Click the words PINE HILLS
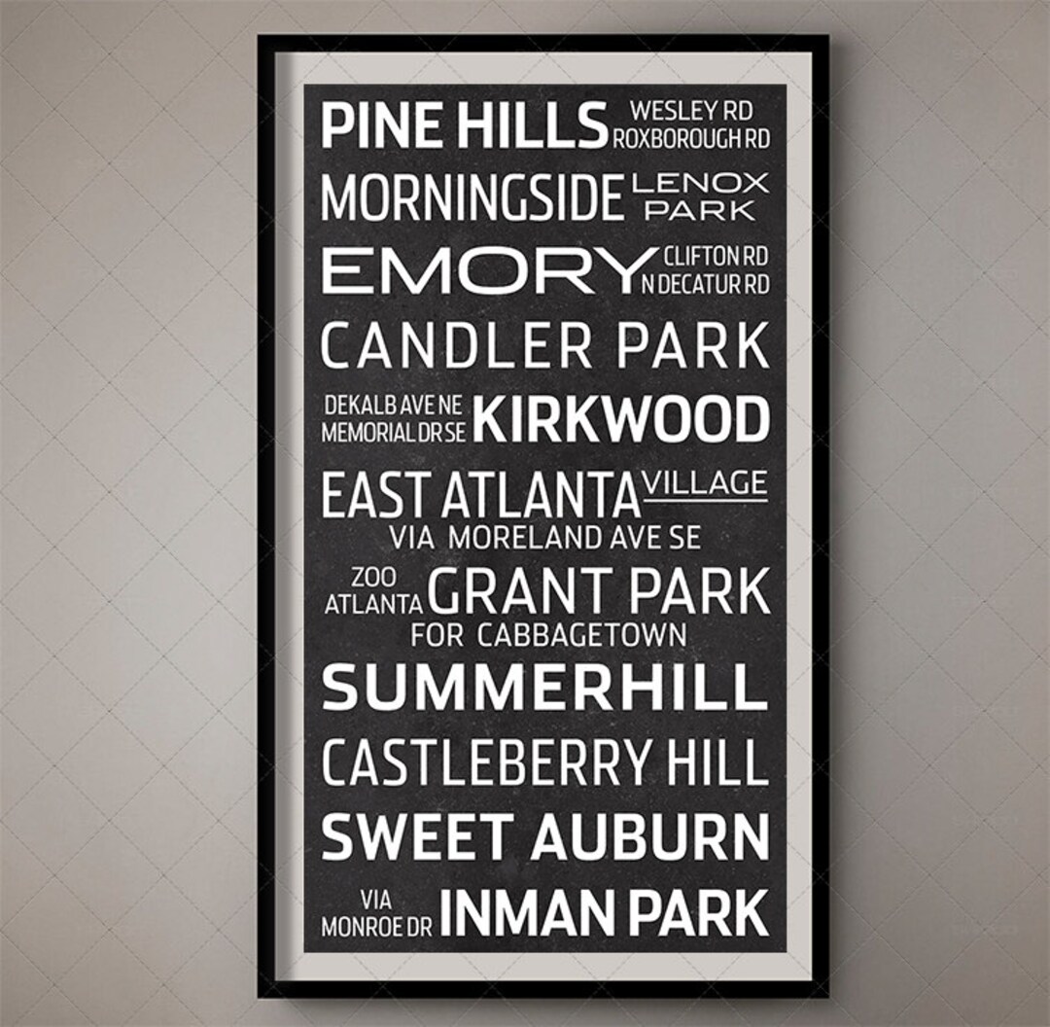tap(464, 127)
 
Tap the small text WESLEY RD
tap(691, 111)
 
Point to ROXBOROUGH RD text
tap(690, 139)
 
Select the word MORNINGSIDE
tap(472, 197)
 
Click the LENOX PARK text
tap(699, 195)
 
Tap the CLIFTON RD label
tap(715, 257)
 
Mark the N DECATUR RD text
tap(706, 284)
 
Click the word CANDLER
tap(456, 345)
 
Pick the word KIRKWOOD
tap(621, 420)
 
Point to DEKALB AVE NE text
tap(394, 406)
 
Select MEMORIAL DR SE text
tap(394, 433)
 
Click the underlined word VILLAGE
tap(705, 483)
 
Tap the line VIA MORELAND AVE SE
tap(544, 537)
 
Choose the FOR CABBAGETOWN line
tap(548, 636)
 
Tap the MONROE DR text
tap(376, 927)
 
